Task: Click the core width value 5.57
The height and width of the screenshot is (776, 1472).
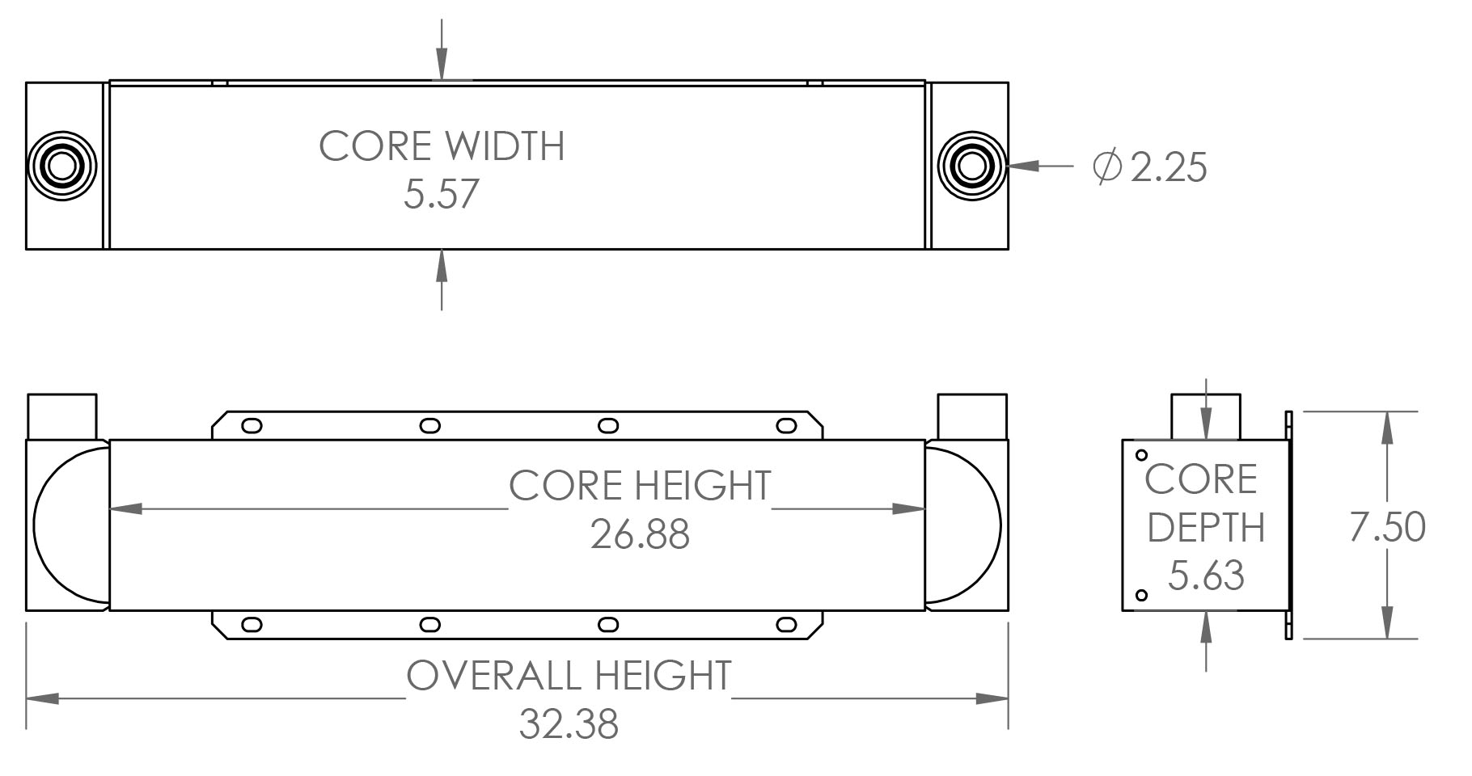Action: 442,195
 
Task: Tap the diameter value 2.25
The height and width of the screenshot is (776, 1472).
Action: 1168,167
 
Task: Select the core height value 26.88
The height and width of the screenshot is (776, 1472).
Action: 640,534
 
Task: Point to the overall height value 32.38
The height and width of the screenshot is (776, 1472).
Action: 569,724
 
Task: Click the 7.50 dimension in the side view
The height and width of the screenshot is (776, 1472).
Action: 1387,527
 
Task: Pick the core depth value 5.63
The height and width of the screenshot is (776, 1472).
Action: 1206,576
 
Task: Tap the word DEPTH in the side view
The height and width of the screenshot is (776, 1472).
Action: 1206,528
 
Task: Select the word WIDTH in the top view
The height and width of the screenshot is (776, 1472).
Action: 505,146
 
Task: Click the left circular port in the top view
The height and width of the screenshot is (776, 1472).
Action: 61,167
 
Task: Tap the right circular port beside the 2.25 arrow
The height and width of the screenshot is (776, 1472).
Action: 972,167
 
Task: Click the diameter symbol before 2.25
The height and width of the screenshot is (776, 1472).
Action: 1106,167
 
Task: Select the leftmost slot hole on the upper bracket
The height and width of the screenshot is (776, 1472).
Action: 252,425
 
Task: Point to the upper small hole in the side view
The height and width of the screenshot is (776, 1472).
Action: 1142,456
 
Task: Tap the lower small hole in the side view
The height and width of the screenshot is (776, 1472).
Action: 1142,596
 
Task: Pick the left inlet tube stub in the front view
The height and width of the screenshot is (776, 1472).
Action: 62,416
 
